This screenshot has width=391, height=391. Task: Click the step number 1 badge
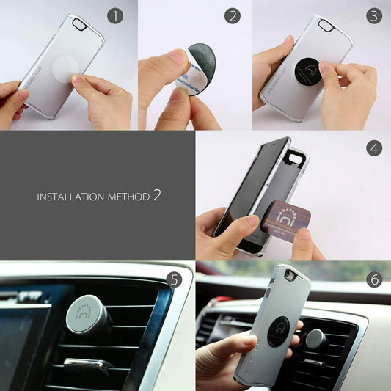(x=114, y=15)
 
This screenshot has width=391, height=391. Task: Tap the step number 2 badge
(x=233, y=15)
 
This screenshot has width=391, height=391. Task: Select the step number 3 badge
(x=374, y=15)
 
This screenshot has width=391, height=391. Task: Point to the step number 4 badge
(x=374, y=147)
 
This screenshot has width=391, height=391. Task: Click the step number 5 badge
(x=173, y=279)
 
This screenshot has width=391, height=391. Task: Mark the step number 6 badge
(x=374, y=279)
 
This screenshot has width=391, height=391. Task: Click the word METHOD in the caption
(x=125, y=197)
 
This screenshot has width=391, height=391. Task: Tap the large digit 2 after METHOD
(x=157, y=195)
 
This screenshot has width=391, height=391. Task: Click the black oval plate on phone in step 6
(x=279, y=332)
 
